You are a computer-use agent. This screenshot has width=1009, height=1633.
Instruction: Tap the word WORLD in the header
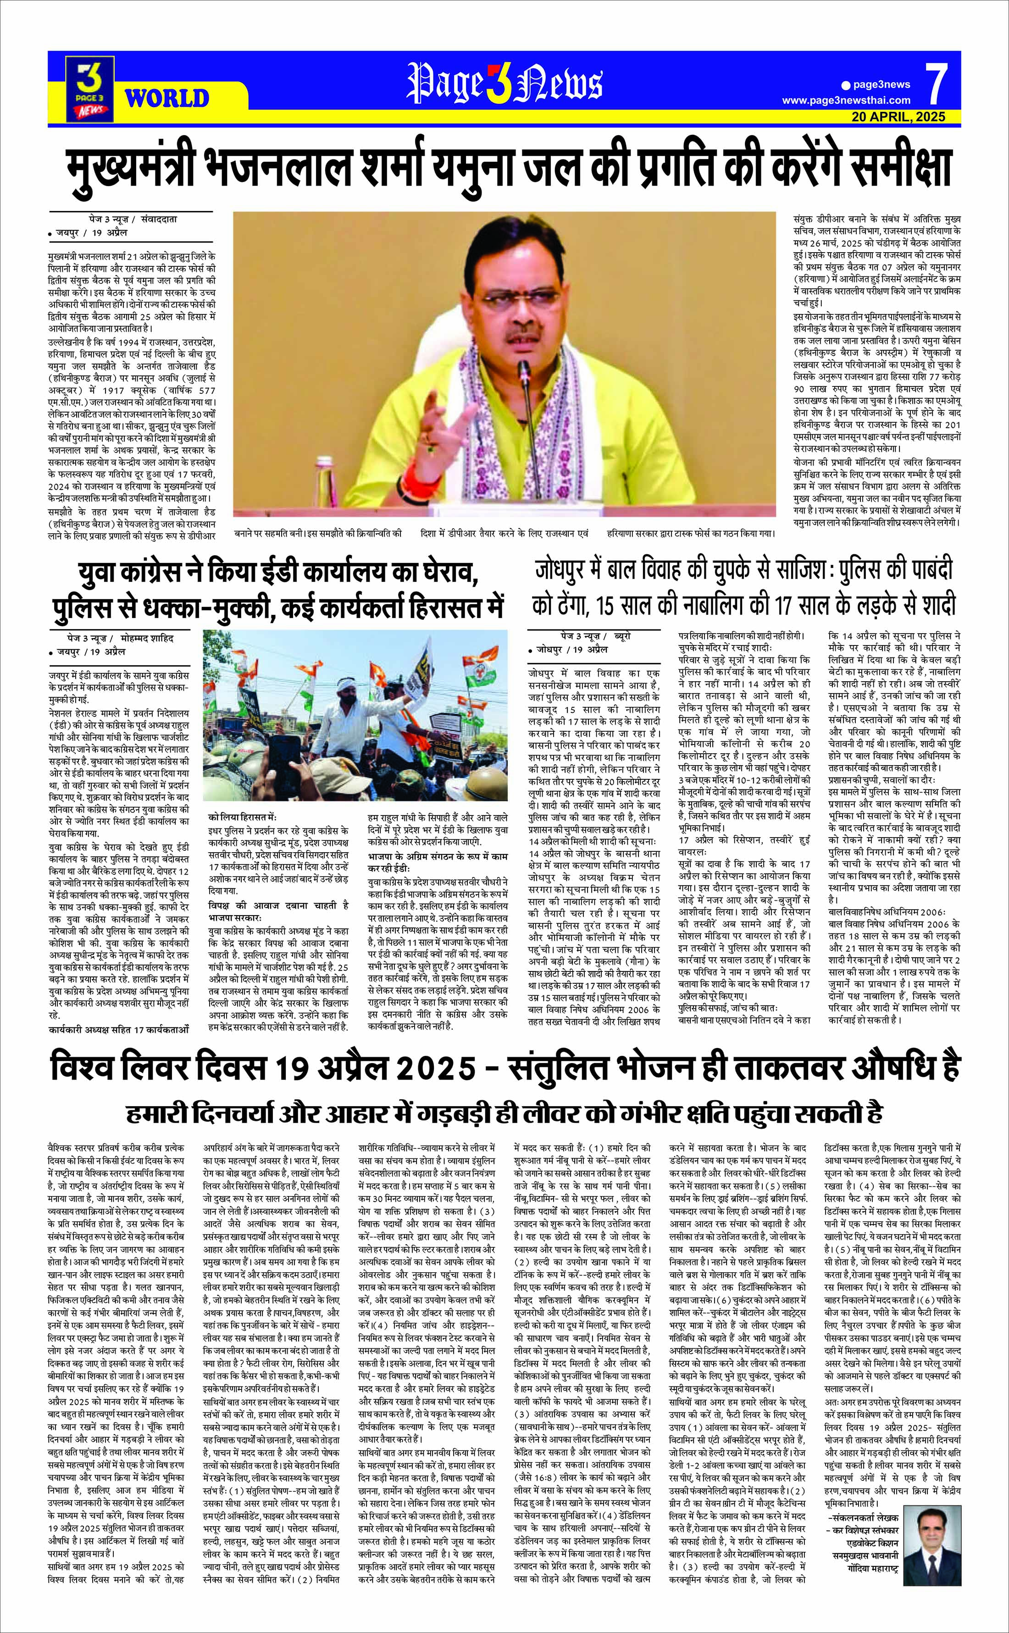(x=167, y=99)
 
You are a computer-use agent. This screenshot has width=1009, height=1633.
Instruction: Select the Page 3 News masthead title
(x=504, y=83)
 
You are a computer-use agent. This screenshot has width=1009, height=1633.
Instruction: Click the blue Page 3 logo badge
(x=88, y=85)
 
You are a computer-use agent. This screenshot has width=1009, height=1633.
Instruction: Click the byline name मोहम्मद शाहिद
(x=144, y=638)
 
